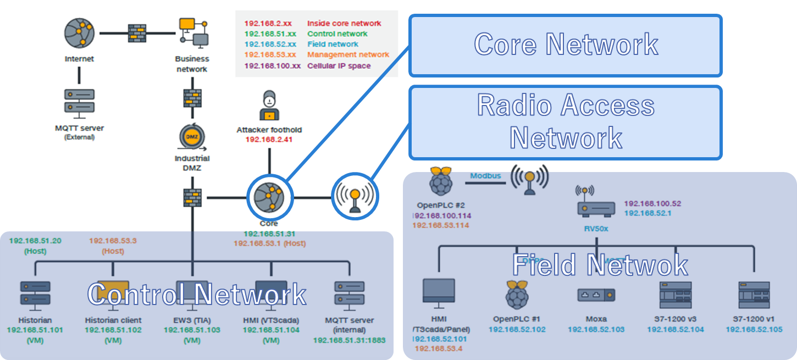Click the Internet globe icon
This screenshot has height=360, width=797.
[x=80, y=34]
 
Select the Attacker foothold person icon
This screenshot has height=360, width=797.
[x=269, y=106]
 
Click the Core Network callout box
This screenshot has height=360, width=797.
[x=565, y=45]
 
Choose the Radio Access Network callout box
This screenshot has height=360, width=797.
[x=565, y=122]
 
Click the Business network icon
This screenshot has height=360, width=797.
[x=192, y=33]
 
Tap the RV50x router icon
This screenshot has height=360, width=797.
[x=596, y=207]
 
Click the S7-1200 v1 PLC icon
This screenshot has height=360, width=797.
[x=754, y=295]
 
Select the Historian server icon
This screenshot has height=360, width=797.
[x=35, y=293]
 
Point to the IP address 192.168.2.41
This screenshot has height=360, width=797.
[x=269, y=140]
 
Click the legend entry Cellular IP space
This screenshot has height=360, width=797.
[x=339, y=66]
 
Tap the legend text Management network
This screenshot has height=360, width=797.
[x=348, y=55]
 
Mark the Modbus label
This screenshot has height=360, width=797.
[x=485, y=176]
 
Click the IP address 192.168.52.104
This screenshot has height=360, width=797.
[x=674, y=330]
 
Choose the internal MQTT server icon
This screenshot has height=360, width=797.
[x=349, y=294]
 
